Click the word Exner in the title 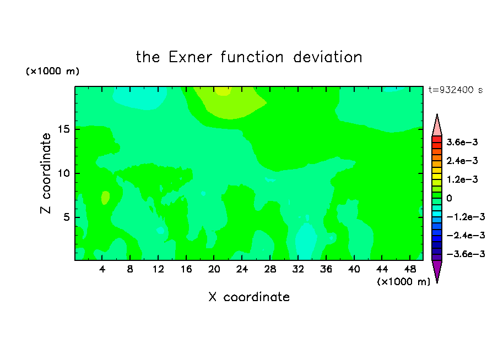pyautogui.click(x=190, y=57)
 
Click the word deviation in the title pyautogui.click(x=327, y=57)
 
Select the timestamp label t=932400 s pyautogui.click(x=456, y=90)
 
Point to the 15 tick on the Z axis pyautogui.click(x=63, y=129)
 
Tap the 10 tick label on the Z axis pyautogui.click(x=63, y=173)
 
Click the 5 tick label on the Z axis pyautogui.click(x=66, y=217)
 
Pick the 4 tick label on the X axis pyautogui.click(x=102, y=269)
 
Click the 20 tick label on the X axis pyautogui.click(x=214, y=269)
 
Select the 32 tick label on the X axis pyautogui.click(x=298, y=269)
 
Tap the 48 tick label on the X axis pyautogui.click(x=410, y=269)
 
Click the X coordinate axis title pyautogui.click(x=249, y=297)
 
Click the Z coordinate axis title pyautogui.click(x=45, y=173)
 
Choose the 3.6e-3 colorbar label pyautogui.click(x=462, y=142)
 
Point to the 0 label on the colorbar pyautogui.click(x=449, y=198)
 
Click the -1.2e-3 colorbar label pyautogui.click(x=465, y=217)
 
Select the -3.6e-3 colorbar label pyautogui.click(x=465, y=254)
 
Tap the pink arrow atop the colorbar pyautogui.click(x=437, y=126)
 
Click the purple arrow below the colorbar pyautogui.click(x=437, y=271)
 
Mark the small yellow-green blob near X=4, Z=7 pyautogui.click(x=105, y=198)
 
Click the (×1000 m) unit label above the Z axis pyautogui.click(x=52, y=71)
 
